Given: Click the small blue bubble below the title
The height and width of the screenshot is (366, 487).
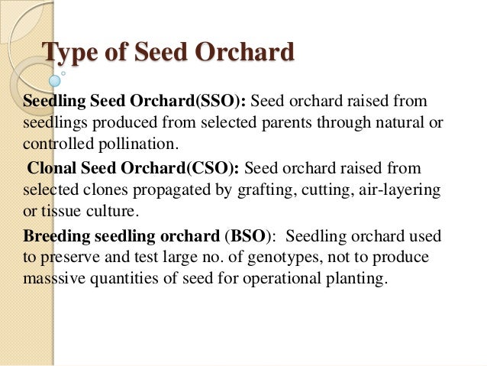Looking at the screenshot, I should point(54,80).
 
